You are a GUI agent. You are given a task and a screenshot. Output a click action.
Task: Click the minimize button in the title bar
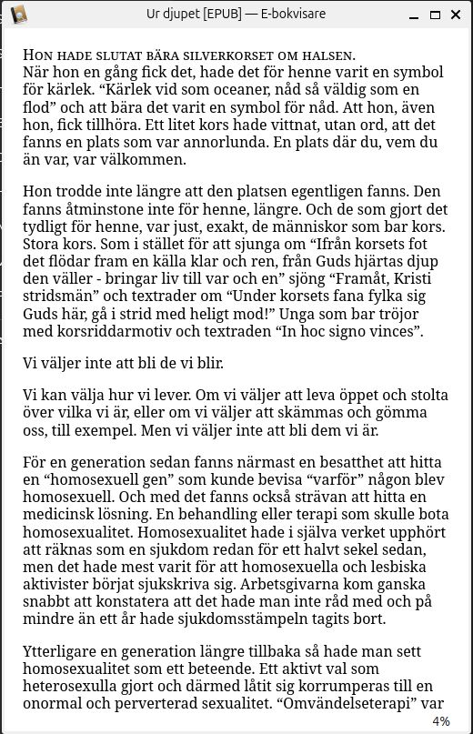click(x=413, y=14)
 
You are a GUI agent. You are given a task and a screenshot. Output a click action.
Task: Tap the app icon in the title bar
click(x=17, y=14)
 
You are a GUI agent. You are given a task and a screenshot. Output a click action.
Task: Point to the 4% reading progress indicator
click(x=441, y=721)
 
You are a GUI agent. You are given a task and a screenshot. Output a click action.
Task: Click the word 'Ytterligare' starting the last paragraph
click(x=61, y=655)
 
